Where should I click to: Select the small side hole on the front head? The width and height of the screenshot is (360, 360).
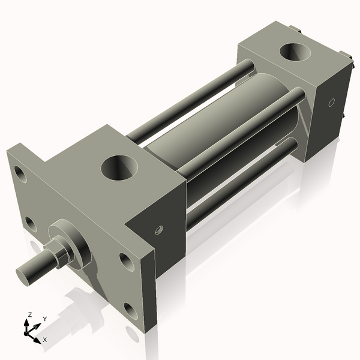(x=159, y=229)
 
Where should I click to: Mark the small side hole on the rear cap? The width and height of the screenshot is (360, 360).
(x=331, y=102)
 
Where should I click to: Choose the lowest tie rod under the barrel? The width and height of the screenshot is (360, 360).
(x=240, y=186)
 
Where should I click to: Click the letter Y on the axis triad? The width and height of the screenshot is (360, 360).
(x=45, y=319)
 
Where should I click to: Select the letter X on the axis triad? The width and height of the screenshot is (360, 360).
(x=46, y=340)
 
